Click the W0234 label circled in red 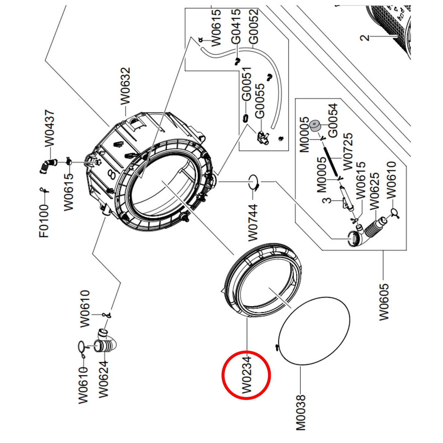[x=246, y=375]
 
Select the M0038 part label [x=301, y=412]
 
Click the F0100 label [x=44, y=221]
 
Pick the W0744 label [x=253, y=223]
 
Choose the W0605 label [x=384, y=302]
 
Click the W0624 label [x=104, y=380]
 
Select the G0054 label [x=333, y=120]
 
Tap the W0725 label [x=348, y=152]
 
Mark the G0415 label [x=236, y=26]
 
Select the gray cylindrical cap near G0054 [x=315, y=126]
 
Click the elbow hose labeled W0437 [x=48, y=166]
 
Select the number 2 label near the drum [x=365, y=38]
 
